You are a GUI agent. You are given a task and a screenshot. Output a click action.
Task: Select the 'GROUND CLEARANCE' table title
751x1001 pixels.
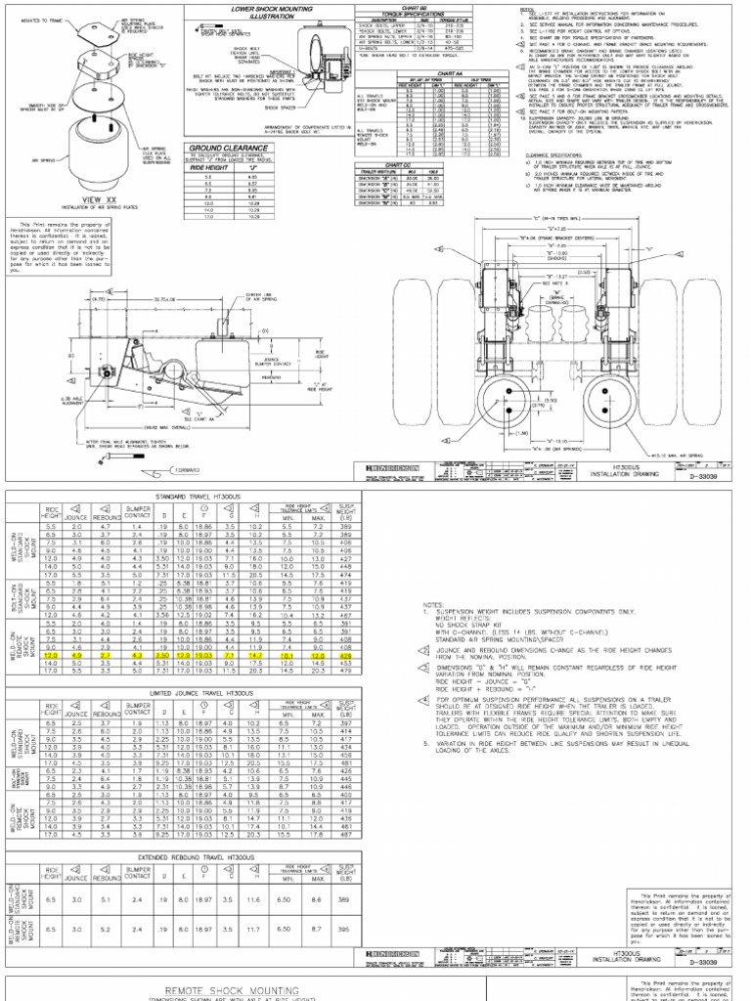[227, 148]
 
